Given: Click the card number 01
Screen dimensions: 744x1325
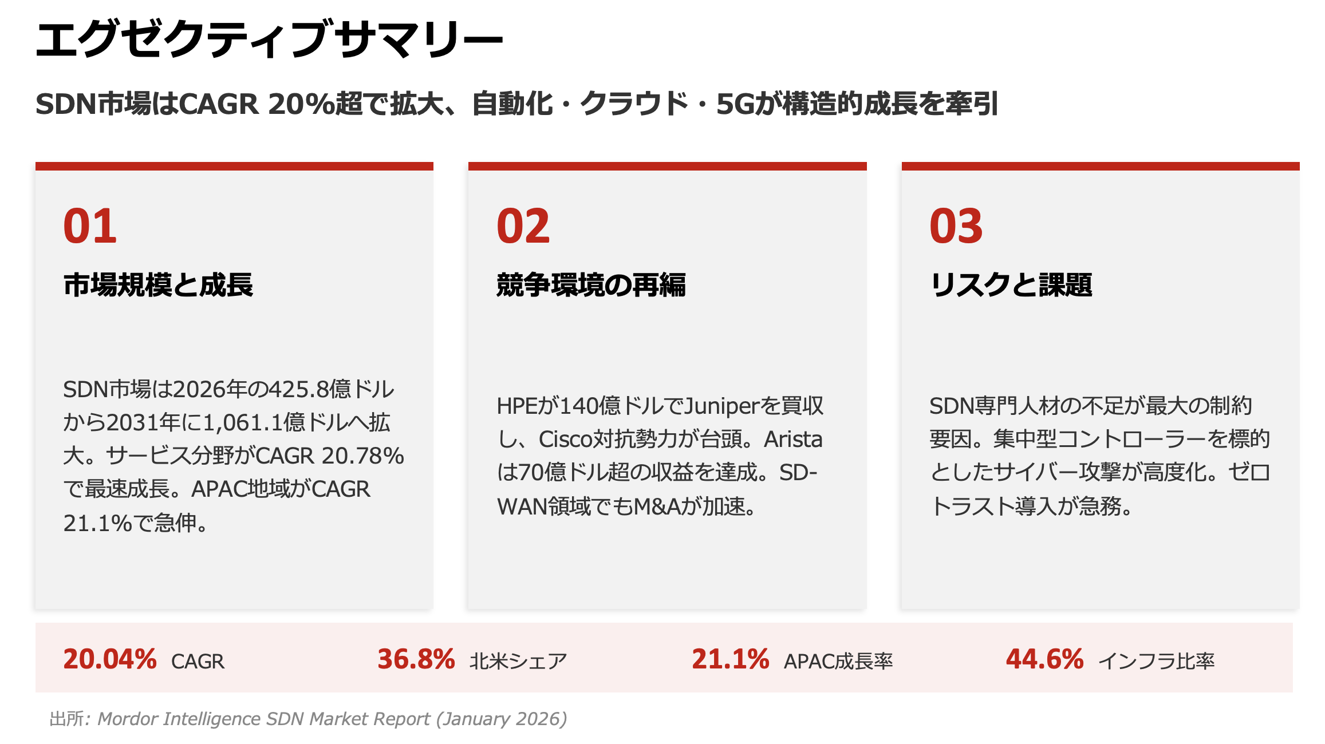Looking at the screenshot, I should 90,226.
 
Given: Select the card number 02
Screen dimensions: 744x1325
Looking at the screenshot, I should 523,226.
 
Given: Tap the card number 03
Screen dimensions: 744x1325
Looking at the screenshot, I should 956,226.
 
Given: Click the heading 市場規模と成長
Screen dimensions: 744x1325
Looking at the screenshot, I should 158,285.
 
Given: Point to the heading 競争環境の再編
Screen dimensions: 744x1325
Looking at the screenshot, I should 591,285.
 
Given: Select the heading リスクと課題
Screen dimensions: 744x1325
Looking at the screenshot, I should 1011,285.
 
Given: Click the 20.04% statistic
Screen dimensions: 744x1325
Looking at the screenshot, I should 109,659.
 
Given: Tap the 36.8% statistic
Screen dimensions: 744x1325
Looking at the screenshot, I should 416,659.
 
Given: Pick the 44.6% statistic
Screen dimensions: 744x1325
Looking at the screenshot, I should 1044,659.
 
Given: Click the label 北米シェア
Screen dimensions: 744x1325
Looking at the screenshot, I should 518,662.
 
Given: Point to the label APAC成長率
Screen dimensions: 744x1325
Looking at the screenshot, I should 838,662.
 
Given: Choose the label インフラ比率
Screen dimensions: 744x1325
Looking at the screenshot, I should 1156,662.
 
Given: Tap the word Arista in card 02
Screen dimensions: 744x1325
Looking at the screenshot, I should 793,440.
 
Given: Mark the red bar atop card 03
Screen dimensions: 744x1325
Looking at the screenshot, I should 1100,166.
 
